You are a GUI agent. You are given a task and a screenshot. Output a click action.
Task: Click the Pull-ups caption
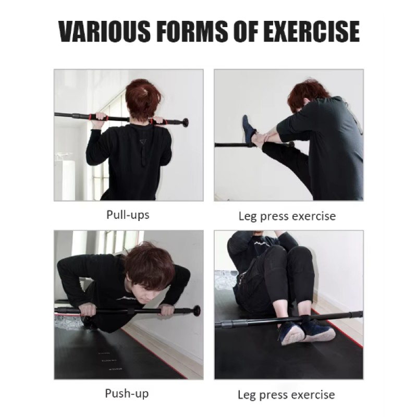pos(128,214)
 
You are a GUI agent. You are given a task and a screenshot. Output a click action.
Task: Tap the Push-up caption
pos(127,393)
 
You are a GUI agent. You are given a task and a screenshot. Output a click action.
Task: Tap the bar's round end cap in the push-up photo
pos(197,311)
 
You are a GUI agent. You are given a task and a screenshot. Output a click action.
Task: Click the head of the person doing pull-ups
pos(143,97)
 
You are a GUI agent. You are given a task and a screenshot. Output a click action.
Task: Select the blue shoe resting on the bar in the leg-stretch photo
pos(249,130)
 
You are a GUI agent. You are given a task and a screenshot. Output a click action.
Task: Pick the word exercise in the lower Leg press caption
pos(310,395)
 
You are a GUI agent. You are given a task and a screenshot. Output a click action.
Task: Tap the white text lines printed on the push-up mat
pos(109,360)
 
